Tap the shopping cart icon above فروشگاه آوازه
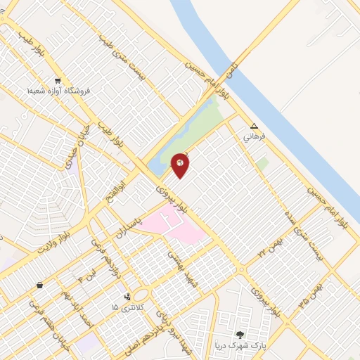[x=58, y=80]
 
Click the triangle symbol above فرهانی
[x=255, y=127]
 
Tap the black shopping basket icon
[x=40, y=285]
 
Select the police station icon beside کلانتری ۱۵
[x=127, y=297]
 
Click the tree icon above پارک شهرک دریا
[x=240, y=335]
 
